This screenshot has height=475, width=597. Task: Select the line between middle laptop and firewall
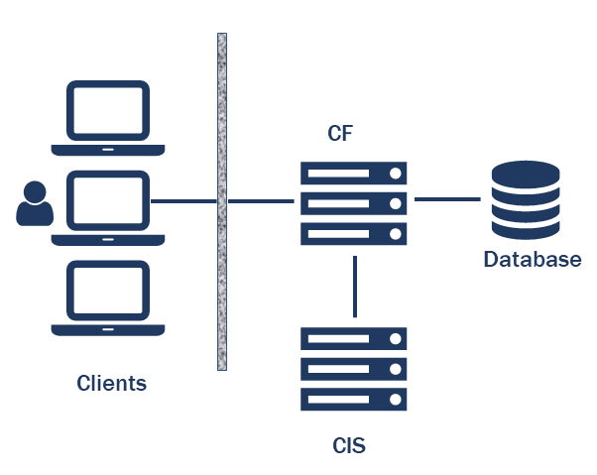(x=182, y=201)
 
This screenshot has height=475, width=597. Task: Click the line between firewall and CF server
(x=261, y=201)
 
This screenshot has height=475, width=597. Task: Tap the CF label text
(x=341, y=134)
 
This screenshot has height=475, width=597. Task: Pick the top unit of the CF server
(x=354, y=174)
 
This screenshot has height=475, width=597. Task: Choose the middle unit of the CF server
(x=354, y=203)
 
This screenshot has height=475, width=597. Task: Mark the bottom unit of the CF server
(x=354, y=234)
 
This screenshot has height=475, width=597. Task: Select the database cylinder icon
(x=526, y=202)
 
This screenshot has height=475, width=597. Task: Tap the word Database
(x=532, y=261)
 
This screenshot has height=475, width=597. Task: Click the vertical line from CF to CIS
(x=354, y=288)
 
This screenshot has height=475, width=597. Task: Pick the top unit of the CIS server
(x=354, y=338)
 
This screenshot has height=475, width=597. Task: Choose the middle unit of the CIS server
(x=354, y=368)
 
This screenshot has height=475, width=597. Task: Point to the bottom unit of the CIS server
(x=354, y=399)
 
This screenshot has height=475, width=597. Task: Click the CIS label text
(x=349, y=445)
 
